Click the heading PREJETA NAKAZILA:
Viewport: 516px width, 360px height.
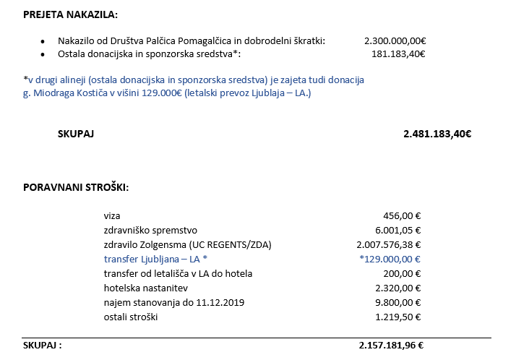click(69, 14)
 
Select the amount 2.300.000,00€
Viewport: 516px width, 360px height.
click(395, 40)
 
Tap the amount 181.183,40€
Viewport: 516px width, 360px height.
click(397, 53)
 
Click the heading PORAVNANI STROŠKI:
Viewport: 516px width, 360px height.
click(76, 187)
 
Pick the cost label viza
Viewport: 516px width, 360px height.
click(112, 215)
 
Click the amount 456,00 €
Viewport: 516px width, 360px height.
click(403, 215)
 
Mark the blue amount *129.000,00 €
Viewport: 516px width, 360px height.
click(390, 259)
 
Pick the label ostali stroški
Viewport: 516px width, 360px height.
click(130, 317)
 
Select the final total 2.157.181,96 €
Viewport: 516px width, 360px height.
click(391, 346)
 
